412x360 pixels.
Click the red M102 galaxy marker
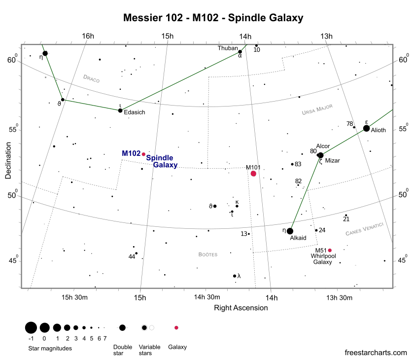point(143,154)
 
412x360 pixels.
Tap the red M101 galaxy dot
point(253,174)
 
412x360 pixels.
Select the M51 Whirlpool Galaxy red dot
point(330,250)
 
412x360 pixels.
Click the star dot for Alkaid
point(290,231)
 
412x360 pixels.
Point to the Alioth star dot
point(366,128)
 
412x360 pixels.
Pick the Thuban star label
point(227,48)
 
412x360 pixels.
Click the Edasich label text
point(134,112)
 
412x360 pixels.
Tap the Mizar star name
point(333,161)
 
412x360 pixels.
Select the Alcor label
point(323,146)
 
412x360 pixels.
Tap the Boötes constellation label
point(207,254)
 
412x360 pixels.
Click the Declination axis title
point(8,161)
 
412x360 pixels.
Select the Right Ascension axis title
point(241,308)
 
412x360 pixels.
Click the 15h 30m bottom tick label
point(74,297)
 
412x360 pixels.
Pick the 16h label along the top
point(88,36)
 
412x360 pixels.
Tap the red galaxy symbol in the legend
point(176,327)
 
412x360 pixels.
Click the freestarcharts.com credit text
point(376,353)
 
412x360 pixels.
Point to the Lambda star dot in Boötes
point(235,276)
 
